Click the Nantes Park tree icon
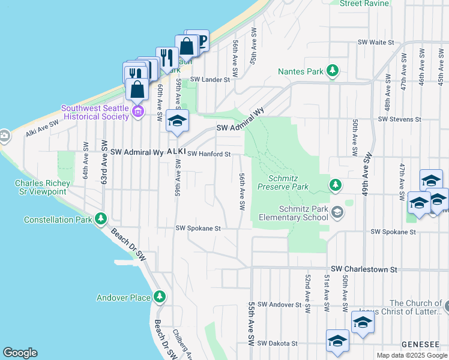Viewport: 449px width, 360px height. point(333,72)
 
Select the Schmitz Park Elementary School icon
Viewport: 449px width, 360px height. point(337,211)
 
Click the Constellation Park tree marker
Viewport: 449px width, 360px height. point(101,220)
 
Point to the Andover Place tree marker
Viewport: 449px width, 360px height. point(160,297)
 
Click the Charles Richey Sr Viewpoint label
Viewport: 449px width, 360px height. point(41,187)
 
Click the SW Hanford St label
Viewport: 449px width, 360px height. point(209,154)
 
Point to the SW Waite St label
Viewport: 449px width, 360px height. point(375,43)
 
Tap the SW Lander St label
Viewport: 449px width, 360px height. point(210,79)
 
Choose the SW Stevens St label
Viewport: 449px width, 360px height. point(400,119)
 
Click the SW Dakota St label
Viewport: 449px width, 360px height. point(277,343)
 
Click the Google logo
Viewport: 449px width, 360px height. point(20,353)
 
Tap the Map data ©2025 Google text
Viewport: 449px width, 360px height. point(411,355)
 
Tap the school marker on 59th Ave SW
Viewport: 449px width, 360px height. point(177,122)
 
